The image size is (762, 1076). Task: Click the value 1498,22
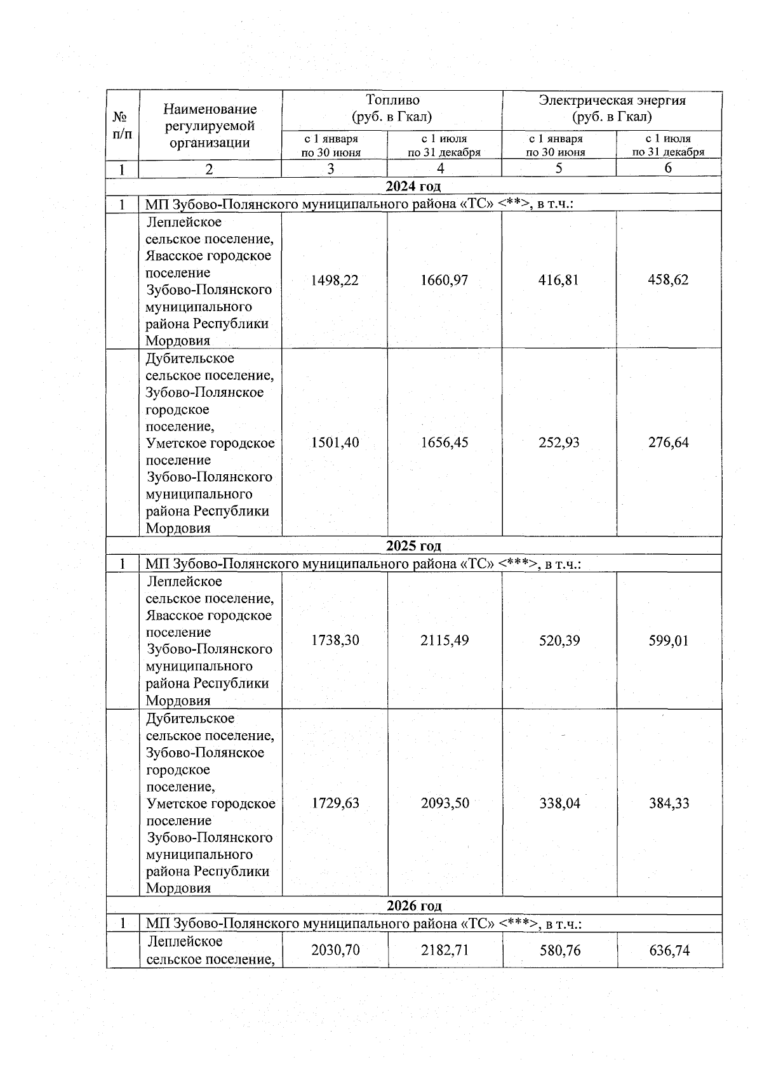335,280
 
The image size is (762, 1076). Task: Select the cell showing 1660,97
444,280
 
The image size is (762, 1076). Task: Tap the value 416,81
559,280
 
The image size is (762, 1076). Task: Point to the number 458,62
668,280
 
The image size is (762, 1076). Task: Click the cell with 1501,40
335,442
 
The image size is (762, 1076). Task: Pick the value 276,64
668,442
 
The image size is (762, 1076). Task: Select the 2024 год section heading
413,186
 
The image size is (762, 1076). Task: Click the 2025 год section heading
413,546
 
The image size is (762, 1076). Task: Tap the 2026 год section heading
413,905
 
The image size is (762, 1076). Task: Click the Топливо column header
392,109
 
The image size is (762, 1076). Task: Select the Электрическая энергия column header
612,109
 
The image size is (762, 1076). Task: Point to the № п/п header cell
123,125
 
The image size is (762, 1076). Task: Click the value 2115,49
444,641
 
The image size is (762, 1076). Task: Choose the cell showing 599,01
668,641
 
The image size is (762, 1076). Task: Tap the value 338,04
559,803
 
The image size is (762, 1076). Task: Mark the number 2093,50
444,803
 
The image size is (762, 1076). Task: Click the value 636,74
669,950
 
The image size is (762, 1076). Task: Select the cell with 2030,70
335,950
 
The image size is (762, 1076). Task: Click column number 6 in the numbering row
668,168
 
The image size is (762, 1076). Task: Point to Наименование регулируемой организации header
210,126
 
